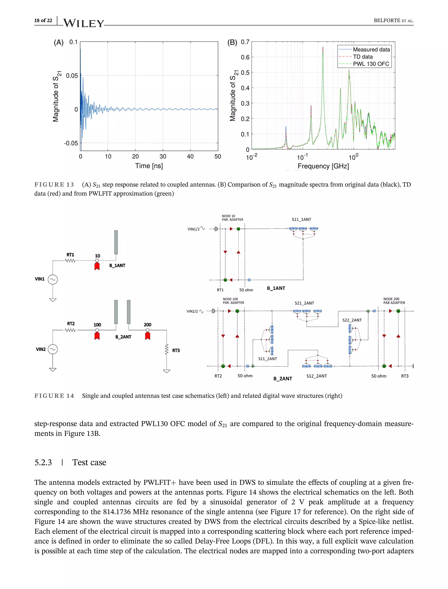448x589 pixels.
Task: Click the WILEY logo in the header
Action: [x=84, y=23]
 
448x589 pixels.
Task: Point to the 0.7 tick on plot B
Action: [x=245, y=42]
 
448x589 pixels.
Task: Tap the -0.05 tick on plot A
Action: [x=71, y=143]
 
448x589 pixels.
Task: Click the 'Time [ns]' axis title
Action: [x=149, y=166]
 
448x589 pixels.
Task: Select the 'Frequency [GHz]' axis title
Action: [x=323, y=166]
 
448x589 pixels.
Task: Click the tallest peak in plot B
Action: [x=323, y=47]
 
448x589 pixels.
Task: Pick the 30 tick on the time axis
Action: [x=163, y=157]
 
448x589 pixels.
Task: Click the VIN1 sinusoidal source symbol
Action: [x=53, y=280]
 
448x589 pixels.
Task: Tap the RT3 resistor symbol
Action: [x=167, y=349]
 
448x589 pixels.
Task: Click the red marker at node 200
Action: [x=147, y=336]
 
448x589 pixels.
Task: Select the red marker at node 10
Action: [x=97, y=266]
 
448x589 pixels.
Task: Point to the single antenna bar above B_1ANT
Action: [x=116, y=242]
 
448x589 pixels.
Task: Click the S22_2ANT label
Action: [x=352, y=320]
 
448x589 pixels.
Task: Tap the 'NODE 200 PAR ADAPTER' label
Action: [x=394, y=301]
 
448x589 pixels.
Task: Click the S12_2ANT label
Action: [x=317, y=376]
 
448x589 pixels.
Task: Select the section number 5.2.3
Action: [x=43, y=462]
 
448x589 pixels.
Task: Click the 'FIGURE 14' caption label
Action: [x=54, y=396]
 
